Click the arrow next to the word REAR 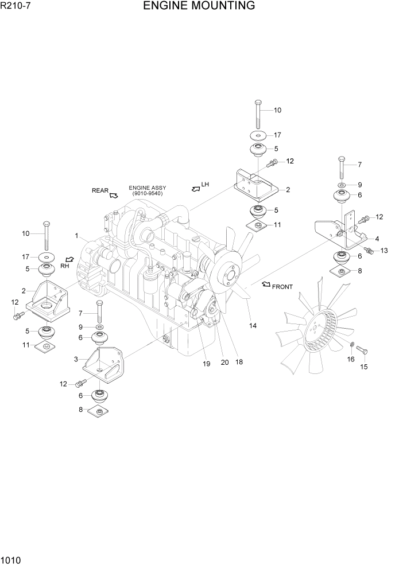[114, 195]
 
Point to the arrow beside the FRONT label [266, 284]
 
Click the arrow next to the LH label [196, 188]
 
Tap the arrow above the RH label [69, 259]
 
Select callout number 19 [207, 364]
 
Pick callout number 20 [224, 362]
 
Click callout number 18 [239, 361]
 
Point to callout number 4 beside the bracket [377, 239]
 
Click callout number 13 [384, 250]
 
